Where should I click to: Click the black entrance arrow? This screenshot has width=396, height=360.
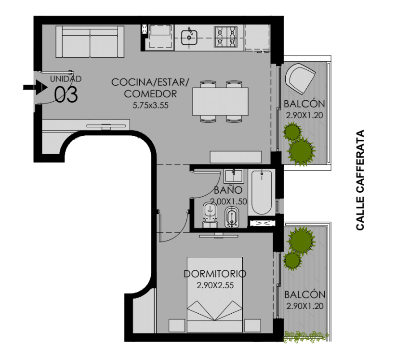[35, 87]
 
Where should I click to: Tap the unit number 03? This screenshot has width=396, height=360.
[66, 94]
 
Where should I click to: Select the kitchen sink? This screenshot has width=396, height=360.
[189, 37]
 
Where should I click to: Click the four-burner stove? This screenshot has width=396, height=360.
[226, 37]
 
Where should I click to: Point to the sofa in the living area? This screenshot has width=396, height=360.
[90, 41]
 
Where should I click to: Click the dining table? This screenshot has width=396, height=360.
[221, 102]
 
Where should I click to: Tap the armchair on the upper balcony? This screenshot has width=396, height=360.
[300, 79]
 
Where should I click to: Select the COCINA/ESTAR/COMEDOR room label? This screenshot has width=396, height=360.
[150, 88]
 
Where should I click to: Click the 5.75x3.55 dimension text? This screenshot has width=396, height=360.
[150, 106]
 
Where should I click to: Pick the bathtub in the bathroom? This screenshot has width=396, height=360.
[262, 192]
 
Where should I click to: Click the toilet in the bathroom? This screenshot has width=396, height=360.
[210, 215]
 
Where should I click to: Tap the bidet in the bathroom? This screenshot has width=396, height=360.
[232, 217]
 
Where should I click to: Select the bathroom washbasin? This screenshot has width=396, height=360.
[234, 176]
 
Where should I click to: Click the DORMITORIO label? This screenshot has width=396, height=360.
[215, 274]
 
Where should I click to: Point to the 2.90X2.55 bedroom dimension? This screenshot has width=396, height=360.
[215, 285]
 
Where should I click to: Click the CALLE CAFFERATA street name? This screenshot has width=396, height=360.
[360, 180]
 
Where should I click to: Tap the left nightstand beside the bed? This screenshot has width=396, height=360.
[177, 326]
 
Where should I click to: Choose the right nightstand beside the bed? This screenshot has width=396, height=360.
[252, 326]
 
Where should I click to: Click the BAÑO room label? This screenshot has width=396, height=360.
[228, 190]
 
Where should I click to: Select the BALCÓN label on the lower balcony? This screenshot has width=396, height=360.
[305, 294]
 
